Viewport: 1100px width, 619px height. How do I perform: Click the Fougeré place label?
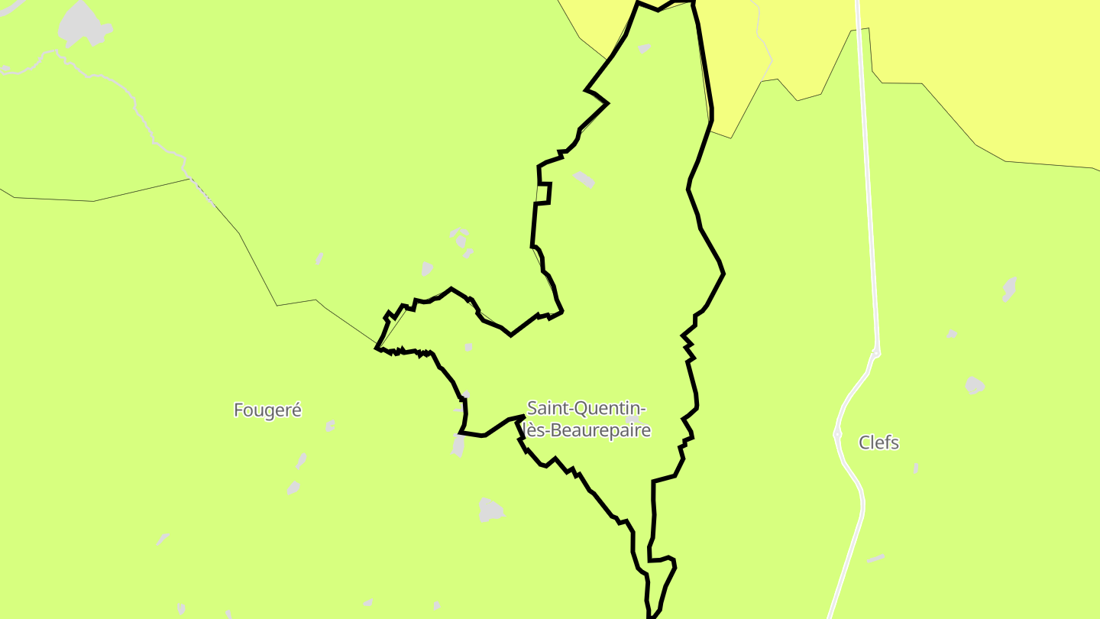[267, 410]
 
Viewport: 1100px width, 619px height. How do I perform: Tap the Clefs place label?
[878, 442]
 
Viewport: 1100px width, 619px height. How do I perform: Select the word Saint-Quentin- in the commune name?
[587, 409]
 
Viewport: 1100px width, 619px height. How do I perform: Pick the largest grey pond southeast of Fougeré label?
[491, 510]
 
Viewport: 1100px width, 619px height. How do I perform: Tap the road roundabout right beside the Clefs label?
[837, 434]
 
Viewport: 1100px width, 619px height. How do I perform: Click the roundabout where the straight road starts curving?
[876, 353]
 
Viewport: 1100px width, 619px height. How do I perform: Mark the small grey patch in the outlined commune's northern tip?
[644, 49]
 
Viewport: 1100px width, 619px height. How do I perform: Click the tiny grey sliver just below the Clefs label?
[915, 468]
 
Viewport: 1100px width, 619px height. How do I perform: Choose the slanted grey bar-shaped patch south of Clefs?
[875, 559]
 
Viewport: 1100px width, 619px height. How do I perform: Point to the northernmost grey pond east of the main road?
[1010, 289]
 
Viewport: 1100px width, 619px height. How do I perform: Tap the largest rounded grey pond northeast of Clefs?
[974, 384]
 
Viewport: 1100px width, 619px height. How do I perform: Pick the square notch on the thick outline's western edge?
[545, 193]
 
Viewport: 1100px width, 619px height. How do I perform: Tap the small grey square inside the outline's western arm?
[468, 347]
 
